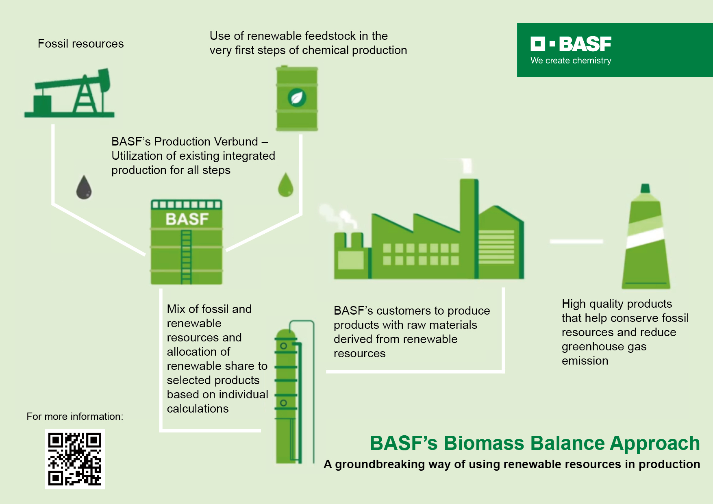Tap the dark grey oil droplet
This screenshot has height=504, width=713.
click(x=84, y=187)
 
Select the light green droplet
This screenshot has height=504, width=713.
click(x=286, y=185)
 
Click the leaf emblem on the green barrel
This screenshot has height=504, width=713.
click(x=297, y=98)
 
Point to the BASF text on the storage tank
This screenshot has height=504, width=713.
click(x=187, y=219)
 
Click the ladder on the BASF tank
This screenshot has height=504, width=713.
click(x=186, y=256)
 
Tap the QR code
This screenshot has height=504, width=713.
click(x=75, y=459)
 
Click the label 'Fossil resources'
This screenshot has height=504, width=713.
click(x=80, y=43)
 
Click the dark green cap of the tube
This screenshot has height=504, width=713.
click(x=645, y=188)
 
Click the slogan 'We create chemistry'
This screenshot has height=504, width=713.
click(x=571, y=61)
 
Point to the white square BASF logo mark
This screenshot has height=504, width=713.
click(x=538, y=44)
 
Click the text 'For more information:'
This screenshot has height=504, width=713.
click(x=75, y=417)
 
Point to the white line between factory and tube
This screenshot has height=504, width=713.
click(x=576, y=241)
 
